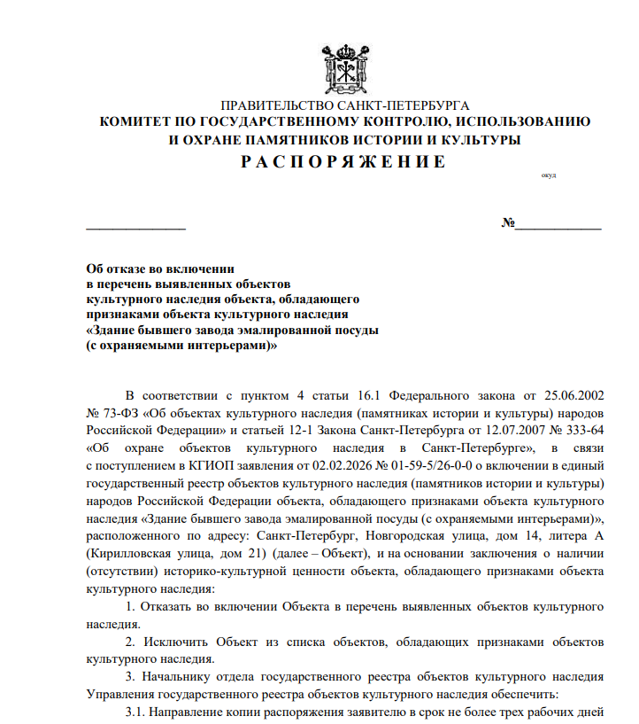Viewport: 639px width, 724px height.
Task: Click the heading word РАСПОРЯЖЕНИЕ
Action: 344,162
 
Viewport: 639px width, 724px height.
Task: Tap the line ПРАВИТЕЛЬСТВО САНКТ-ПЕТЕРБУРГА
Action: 344,105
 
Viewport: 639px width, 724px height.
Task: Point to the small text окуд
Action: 548,175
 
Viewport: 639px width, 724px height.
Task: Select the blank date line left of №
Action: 135,228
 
